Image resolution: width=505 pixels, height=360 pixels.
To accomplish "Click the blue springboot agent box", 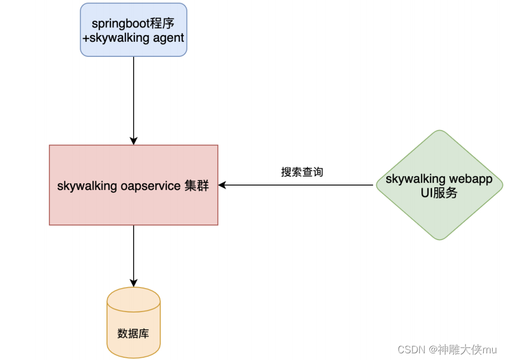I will point(134,30).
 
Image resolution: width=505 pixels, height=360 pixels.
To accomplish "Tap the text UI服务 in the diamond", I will point(439,193).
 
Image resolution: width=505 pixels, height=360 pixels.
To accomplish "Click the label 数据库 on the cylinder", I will point(134,334).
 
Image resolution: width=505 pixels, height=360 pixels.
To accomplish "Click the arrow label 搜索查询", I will point(302,172).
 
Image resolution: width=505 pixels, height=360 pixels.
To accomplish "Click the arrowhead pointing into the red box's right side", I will point(222,185).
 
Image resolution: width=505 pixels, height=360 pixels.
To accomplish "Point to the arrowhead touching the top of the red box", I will point(134,141).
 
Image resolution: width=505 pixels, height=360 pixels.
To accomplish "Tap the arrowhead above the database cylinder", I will point(134,283).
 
